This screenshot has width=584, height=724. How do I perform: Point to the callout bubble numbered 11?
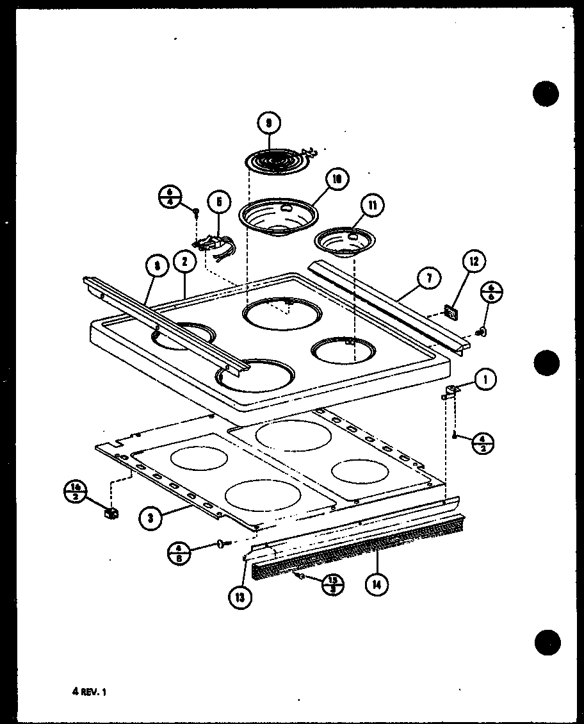[x=372, y=205]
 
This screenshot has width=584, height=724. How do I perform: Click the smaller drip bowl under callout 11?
[x=345, y=241]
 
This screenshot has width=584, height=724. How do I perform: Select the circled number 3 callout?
[x=150, y=518]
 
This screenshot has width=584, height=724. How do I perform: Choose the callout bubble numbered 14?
[x=376, y=584]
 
